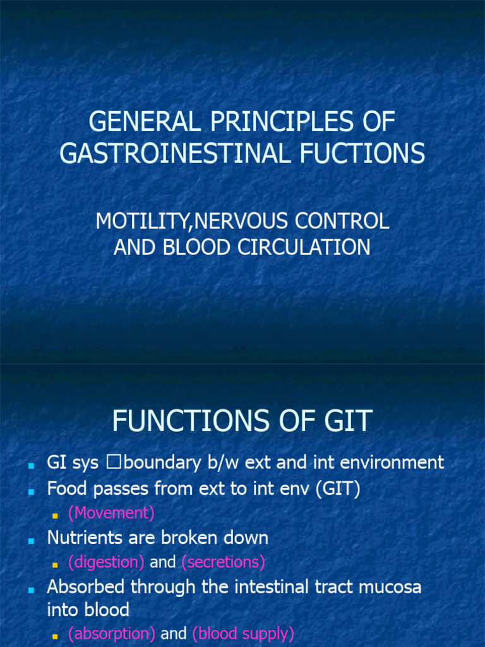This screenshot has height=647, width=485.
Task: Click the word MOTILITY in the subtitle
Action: (x=143, y=221)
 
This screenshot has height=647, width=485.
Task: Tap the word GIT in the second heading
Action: (x=347, y=421)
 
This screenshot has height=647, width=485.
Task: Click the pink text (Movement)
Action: (x=111, y=513)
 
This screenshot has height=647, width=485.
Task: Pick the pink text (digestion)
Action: (x=106, y=562)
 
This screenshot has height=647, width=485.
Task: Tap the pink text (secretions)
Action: (x=223, y=562)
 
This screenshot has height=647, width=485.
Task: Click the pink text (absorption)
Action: (x=112, y=634)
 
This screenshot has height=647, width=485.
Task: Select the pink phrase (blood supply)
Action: (x=243, y=634)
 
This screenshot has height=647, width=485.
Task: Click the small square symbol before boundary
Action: (x=113, y=463)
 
